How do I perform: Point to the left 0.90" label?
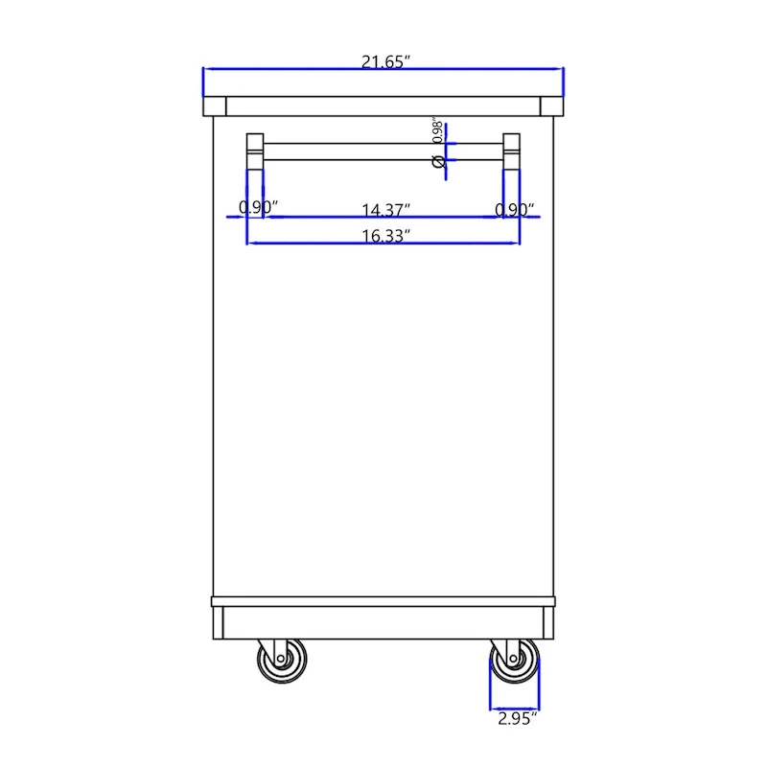258,208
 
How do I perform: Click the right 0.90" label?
515,208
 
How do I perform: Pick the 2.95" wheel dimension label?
516,716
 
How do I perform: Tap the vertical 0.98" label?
437,131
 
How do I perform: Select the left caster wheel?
281,662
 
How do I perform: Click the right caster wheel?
515,662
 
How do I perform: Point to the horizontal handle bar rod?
383,151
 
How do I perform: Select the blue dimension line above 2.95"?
515,705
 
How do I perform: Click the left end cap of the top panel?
216,106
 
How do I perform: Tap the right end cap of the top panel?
551,106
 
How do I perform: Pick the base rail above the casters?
383,622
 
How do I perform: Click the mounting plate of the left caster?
280,641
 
